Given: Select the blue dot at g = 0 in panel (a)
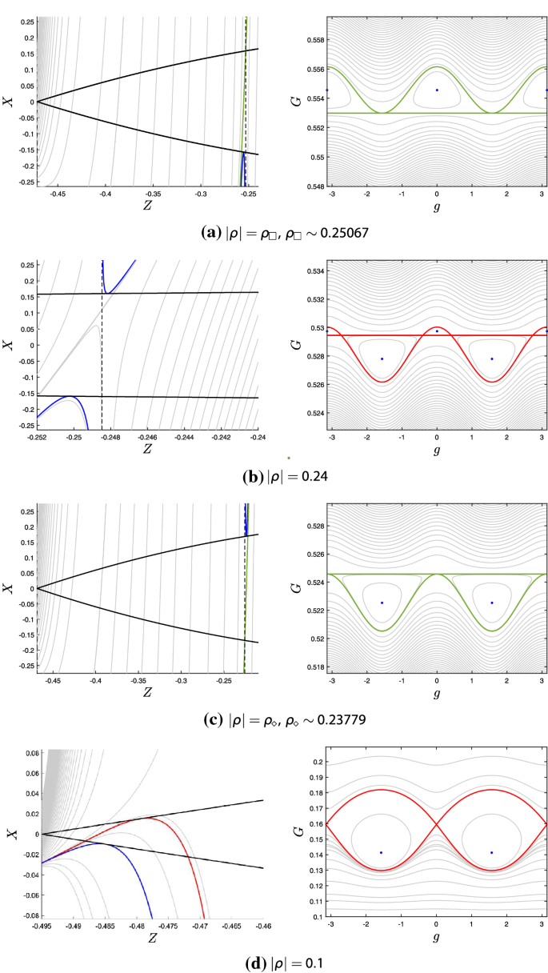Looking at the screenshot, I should [x=437, y=90].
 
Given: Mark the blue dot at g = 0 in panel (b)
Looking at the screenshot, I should [x=437, y=331].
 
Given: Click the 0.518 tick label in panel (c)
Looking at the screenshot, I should [x=315, y=667].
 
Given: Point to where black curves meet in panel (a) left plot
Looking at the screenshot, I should [x=38, y=102].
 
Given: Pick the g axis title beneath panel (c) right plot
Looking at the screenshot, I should [x=437, y=693].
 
